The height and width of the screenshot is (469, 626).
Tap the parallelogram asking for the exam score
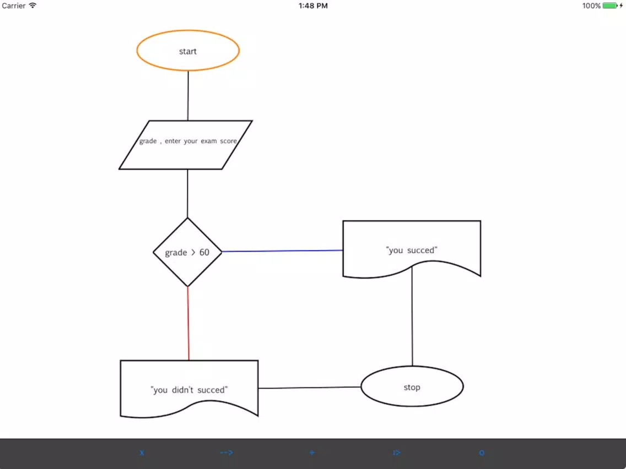[x=186, y=145]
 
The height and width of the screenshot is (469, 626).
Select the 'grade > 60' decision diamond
[x=187, y=252]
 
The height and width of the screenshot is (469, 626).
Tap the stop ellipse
[x=412, y=386]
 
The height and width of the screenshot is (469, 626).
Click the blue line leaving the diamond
[x=282, y=251]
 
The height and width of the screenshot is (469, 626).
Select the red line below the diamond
[x=188, y=324]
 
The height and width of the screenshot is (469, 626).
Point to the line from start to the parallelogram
[x=188, y=96]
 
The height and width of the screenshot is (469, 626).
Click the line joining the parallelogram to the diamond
[x=187, y=193]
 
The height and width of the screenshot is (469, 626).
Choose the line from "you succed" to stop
[x=412, y=317]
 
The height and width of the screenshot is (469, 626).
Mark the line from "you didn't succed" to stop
[x=309, y=387]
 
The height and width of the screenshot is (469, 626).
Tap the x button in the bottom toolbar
[x=142, y=452]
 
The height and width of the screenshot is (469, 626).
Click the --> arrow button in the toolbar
[x=226, y=452]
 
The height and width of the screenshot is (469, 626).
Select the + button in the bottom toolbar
[x=312, y=452]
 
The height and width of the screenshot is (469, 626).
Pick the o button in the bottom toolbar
[x=482, y=452]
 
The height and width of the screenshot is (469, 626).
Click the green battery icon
[x=610, y=6]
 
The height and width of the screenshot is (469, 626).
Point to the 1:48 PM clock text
[x=313, y=6]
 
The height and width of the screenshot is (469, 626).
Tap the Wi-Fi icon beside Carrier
[x=33, y=5]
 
